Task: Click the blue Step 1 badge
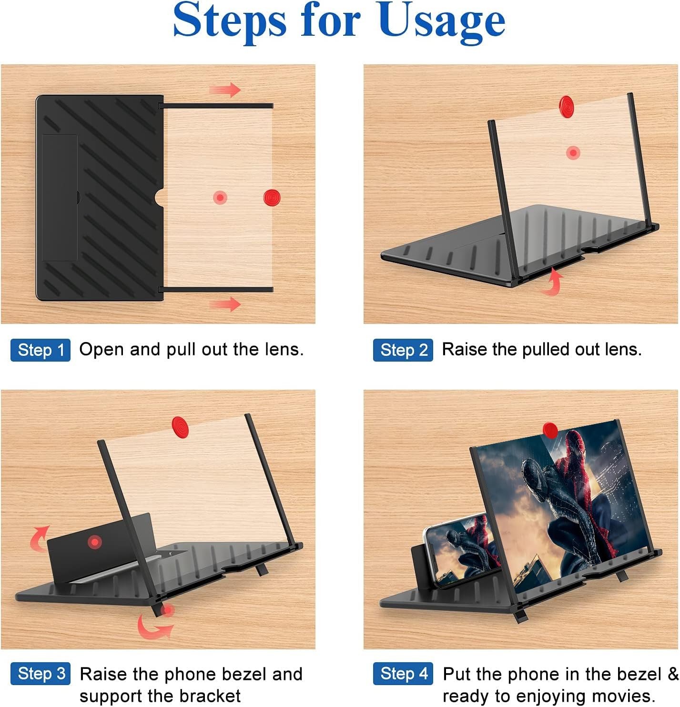(41, 350)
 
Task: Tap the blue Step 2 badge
(403, 350)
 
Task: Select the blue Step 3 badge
(41, 674)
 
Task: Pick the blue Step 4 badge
(403, 674)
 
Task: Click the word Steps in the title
(230, 22)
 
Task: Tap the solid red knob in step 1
(272, 198)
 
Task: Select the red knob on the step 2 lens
(566, 106)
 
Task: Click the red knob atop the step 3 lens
(180, 427)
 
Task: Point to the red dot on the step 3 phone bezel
(95, 542)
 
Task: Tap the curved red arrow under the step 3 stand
(152, 629)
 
